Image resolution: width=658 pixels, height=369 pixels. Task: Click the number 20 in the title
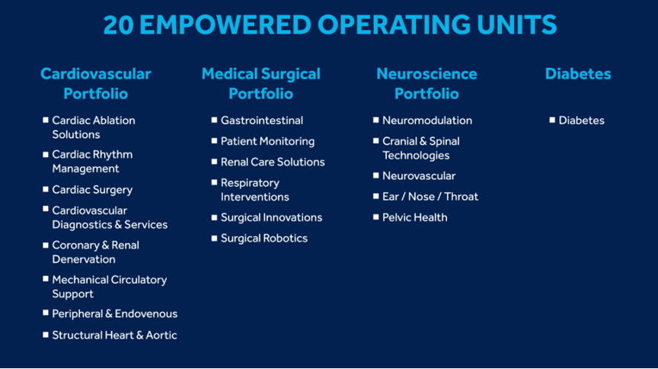click(x=119, y=25)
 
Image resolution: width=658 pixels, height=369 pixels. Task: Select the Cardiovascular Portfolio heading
click(x=96, y=84)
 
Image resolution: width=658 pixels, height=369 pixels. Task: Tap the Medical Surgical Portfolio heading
click(x=261, y=84)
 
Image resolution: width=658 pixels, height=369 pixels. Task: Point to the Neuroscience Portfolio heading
click(x=426, y=84)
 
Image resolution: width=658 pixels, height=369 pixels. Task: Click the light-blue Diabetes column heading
click(x=578, y=74)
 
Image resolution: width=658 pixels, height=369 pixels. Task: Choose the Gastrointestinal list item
click(x=262, y=120)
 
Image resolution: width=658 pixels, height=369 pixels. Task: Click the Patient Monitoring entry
click(x=268, y=142)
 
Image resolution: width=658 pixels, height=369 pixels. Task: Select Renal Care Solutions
click(x=273, y=162)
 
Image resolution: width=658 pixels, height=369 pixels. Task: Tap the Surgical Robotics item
click(x=264, y=239)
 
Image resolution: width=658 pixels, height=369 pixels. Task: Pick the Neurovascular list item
click(x=419, y=176)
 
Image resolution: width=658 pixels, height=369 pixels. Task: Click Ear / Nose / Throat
click(x=430, y=197)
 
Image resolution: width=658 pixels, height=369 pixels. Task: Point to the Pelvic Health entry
click(x=414, y=218)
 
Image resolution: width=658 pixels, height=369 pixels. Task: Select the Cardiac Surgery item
click(x=92, y=190)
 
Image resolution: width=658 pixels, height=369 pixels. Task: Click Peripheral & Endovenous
click(x=114, y=314)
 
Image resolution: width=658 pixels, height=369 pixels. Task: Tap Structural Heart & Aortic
click(x=114, y=335)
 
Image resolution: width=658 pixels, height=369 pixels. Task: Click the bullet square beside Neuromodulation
click(x=376, y=120)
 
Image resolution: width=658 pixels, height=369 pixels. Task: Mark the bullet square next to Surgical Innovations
click(x=215, y=217)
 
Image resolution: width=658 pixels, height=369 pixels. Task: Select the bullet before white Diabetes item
click(x=552, y=120)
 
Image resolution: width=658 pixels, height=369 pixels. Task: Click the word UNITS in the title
click(x=517, y=25)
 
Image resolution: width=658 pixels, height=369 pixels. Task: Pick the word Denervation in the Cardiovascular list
click(x=84, y=259)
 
